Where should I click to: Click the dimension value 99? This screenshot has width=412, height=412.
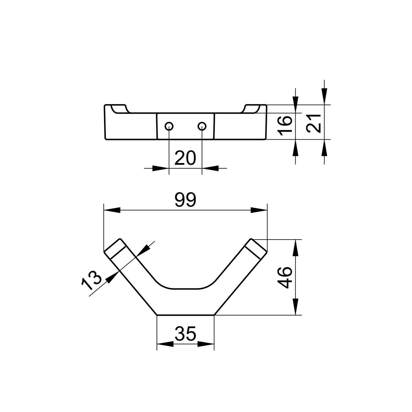[185, 200]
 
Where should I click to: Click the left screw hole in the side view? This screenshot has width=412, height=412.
[169, 126]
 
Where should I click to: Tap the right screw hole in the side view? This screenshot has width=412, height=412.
[202, 126]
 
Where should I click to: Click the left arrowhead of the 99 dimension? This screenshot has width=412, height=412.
[112, 210]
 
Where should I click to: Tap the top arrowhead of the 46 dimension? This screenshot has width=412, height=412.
[295, 248]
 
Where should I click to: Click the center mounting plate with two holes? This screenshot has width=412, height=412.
[185, 126]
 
